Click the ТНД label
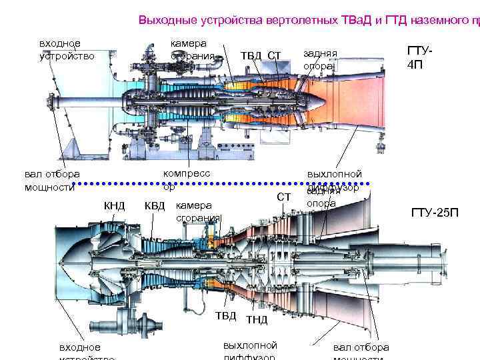(257, 320)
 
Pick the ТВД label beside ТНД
(225, 315)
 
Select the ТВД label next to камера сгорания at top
(251, 55)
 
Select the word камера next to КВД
(193, 205)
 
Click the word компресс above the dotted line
(187, 173)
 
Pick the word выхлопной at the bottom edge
(250, 345)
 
